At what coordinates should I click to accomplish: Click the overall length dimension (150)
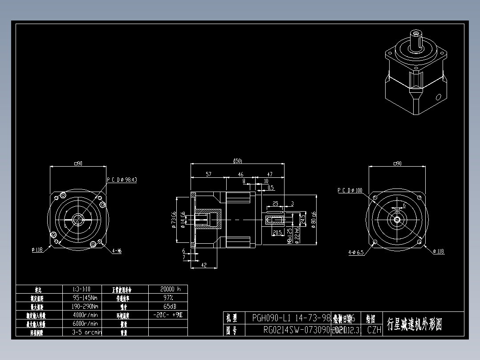coord(237,161)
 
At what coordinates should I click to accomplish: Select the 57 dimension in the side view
coord(208,174)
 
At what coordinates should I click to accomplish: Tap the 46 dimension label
coord(240,174)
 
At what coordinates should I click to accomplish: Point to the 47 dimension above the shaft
coord(269,174)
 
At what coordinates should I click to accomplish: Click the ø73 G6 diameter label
coord(174,219)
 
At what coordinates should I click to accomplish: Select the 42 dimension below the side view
coord(204,265)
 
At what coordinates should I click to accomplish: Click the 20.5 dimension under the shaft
coord(276,232)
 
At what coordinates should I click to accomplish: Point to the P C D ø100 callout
coord(350,190)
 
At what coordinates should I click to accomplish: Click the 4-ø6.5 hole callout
coord(356,252)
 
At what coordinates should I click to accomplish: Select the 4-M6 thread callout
coord(117,251)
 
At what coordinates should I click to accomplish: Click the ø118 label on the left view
coord(37,250)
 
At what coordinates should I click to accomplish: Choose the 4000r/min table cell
coord(85,315)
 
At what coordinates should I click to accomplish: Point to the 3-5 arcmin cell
coord(86,332)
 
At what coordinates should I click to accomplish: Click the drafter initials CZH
coord(374,330)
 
